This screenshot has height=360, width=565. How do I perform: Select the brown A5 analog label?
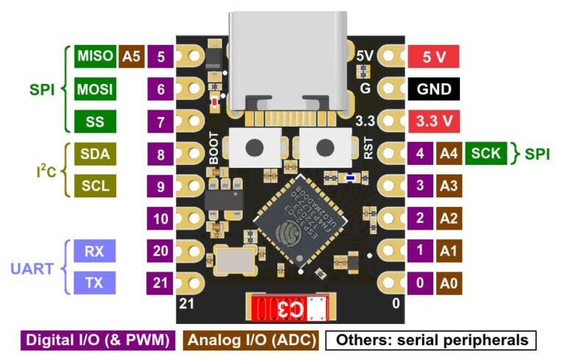click(x=131, y=56)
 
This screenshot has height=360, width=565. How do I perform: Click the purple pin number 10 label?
click(x=161, y=219)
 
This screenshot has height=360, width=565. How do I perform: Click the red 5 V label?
click(x=434, y=56)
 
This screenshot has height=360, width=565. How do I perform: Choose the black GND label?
click(x=434, y=89)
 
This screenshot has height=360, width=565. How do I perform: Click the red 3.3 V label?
click(x=434, y=121)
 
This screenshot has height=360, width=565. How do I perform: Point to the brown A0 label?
click(x=448, y=283)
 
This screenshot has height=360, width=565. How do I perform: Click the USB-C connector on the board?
click(x=290, y=63)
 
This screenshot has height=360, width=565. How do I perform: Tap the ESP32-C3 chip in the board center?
click(x=290, y=221)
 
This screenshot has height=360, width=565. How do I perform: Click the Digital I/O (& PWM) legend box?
click(x=98, y=340)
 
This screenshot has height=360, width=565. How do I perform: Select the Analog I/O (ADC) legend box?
click(x=251, y=340)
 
